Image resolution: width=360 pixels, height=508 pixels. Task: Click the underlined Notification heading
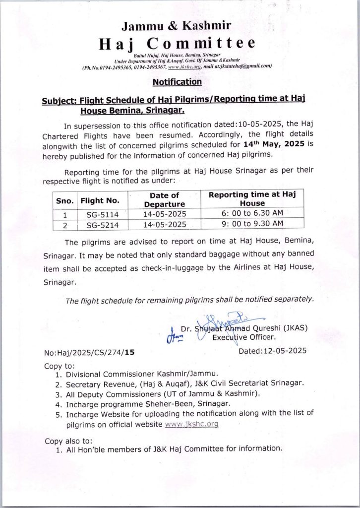(177, 82)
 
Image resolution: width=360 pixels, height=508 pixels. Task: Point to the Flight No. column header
(100, 200)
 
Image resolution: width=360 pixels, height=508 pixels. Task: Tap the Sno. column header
(64, 200)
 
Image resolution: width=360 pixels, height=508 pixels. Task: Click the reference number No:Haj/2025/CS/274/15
(89, 353)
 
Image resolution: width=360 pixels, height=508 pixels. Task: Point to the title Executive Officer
(244, 337)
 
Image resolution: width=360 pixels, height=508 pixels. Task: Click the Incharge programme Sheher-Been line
(148, 404)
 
